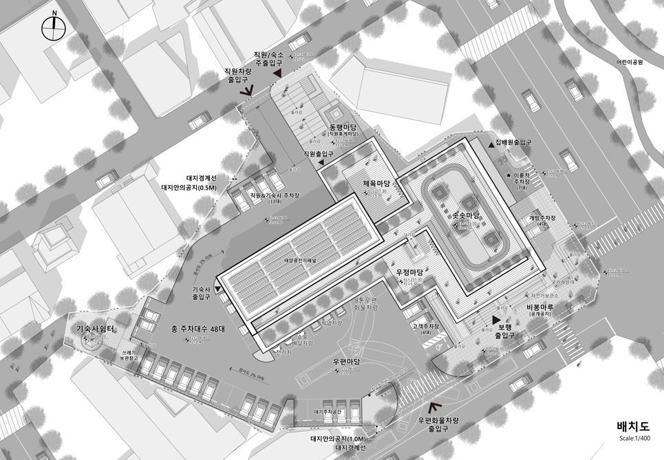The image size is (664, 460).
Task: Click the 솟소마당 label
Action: (464, 216)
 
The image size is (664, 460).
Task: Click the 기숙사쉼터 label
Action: (94, 329)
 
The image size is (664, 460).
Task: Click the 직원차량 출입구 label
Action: (243, 75)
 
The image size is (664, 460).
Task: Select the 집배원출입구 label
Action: (513, 142)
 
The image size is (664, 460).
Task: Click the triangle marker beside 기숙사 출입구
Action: (218, 290)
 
